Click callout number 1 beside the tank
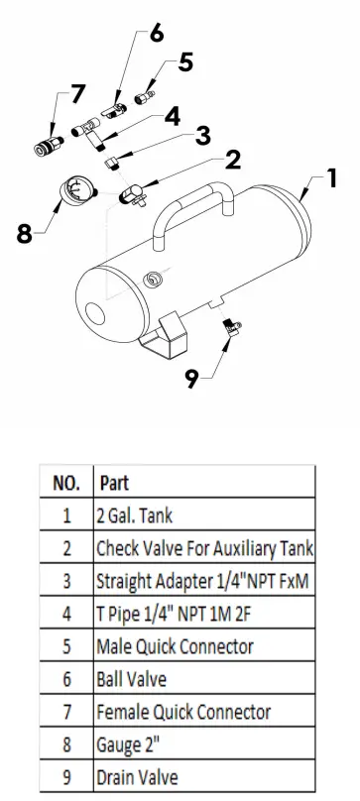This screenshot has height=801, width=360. click(x=332, y=180)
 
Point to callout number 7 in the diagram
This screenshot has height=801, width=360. click(x=78, y=94)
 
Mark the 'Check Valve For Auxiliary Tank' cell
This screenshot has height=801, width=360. click(x=203, y=549)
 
